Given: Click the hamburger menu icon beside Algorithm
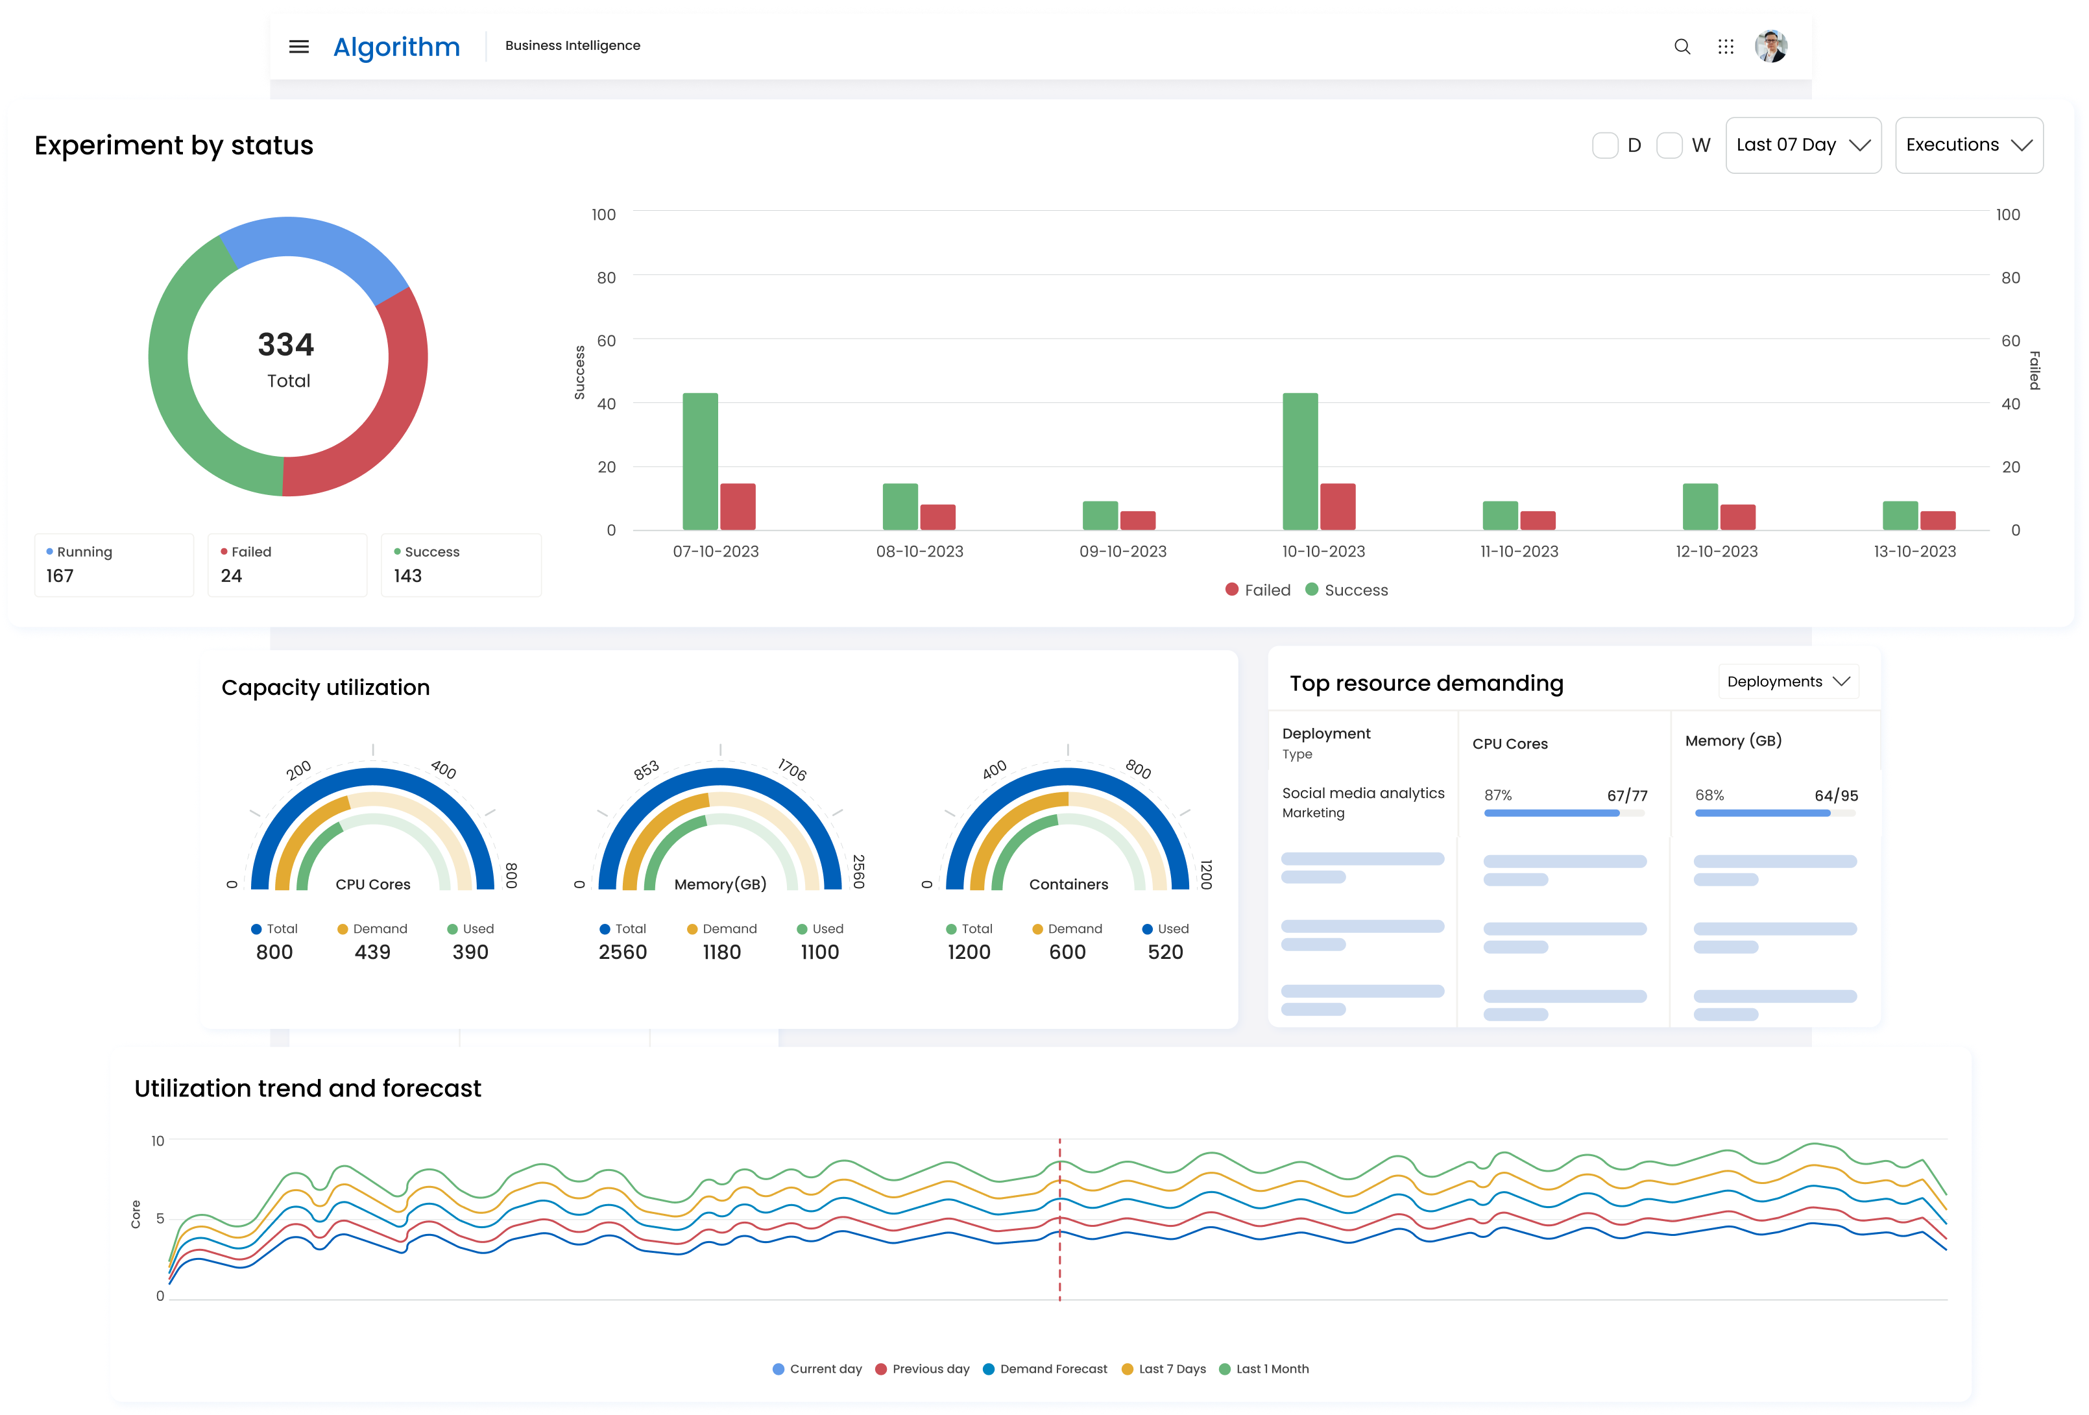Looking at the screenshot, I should (x=299, y=47).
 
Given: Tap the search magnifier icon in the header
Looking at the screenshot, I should (x=1682, y=47).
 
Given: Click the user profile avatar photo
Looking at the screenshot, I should (x=1770, y=46).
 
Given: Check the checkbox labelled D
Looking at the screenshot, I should (x=1604, y=145).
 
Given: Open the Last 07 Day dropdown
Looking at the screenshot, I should (x=1802, y=145).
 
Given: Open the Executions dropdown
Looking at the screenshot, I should (x=1968, y=145).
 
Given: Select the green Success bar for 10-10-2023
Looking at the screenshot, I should (x=1299, y=461).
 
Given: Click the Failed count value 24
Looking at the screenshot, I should (x=231, y=576).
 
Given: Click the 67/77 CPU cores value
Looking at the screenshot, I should (x=1627, y=795).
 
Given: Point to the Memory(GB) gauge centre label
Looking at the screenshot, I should (x=720, y=884).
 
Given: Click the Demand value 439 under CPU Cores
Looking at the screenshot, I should (x=372, y=952).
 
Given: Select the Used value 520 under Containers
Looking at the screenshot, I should (x=1165, y=952).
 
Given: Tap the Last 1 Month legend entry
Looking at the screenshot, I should (x=1264, y=1369).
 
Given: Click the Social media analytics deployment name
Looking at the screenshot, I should (x=1362, y=793).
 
